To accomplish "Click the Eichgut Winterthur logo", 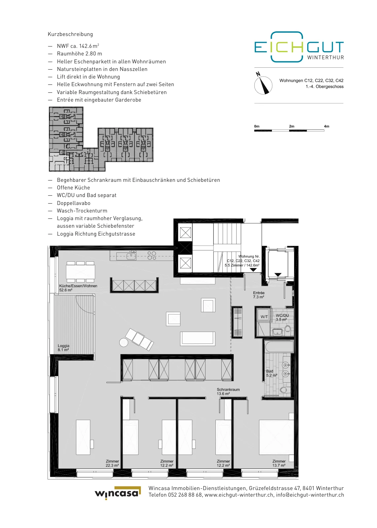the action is point(299,47).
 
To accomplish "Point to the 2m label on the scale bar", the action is point(291,126).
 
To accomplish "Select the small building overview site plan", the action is point(101,139).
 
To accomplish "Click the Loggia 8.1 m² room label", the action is point(63,348).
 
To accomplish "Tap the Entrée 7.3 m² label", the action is point(258,295).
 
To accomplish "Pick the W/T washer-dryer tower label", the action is point(264,317).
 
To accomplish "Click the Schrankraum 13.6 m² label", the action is point(228,391).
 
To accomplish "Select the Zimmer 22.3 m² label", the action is point(112,463).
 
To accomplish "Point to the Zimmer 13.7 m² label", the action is point(279,463).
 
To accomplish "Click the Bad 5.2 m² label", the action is point(272,373).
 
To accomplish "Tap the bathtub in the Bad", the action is point(279,346).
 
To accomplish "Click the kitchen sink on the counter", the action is point(132,255).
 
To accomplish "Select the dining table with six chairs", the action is point(81,272).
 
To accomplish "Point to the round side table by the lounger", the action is point(124,342).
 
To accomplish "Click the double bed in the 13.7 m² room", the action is point(276,437).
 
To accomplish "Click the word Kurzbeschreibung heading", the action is point(70,34).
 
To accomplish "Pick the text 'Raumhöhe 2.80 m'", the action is point(80,54).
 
